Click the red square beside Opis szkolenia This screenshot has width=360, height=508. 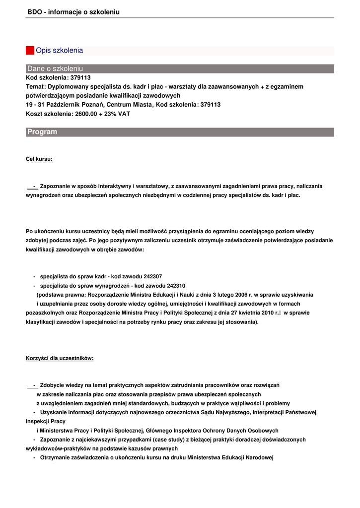(30, 51)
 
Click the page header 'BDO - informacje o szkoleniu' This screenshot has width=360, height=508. (73, 11)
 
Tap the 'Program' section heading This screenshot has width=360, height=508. (42, 132)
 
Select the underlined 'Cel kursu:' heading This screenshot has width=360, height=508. (39, 159)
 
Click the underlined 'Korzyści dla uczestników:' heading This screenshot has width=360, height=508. (60, 358)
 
